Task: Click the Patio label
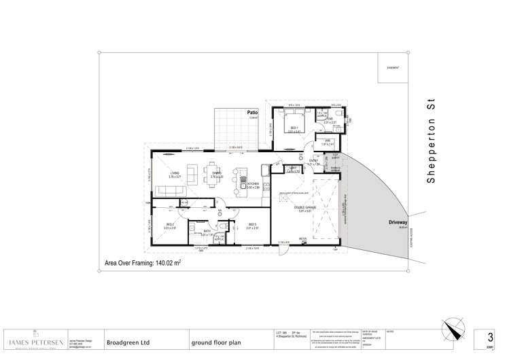click(x=252, y=112)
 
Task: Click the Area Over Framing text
click(x=142, y=262)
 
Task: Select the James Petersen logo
click(x=33, y=342)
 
